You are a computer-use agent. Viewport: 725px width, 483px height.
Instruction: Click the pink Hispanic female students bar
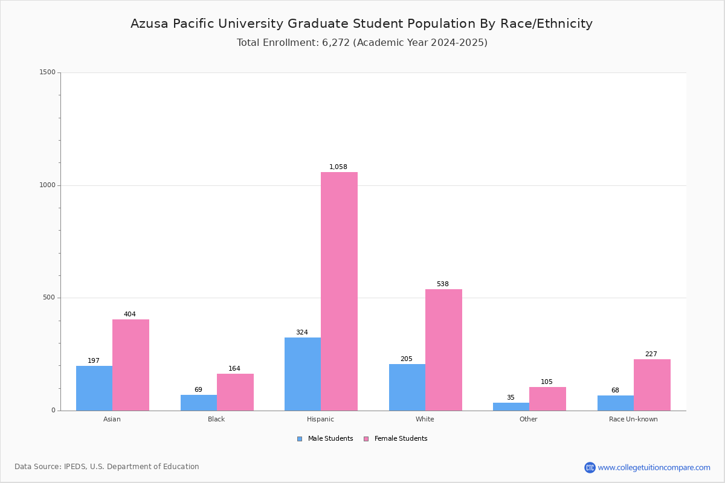click(339, 291)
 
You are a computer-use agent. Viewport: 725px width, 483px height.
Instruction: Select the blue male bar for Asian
click(94, 388)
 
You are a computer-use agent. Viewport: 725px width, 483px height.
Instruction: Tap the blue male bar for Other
click(511, 407)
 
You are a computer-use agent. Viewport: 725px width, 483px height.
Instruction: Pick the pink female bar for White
click(443, 350)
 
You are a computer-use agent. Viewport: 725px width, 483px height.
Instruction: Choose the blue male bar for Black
click(199, 403)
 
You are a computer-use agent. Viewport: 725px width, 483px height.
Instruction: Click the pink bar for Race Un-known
click(652, 385)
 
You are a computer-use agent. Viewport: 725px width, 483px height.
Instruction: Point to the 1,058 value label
click(338, 167)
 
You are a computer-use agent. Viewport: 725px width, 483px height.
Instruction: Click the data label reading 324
click(302, 332)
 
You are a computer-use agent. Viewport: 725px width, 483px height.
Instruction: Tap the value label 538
click(443, 284)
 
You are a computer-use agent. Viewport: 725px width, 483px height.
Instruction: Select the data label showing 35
click(511, 397)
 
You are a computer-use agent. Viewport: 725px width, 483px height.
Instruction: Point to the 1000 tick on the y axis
click(48, 185)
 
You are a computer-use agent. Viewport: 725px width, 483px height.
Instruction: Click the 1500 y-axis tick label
click(48, 72)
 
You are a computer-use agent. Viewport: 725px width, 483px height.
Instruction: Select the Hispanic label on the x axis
click(320, 419)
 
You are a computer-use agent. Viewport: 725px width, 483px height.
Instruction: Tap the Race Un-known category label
click(633, 419)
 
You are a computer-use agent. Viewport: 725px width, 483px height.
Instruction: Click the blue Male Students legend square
click(300, 439)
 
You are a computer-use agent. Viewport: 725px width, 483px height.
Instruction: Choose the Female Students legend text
click(401, 438)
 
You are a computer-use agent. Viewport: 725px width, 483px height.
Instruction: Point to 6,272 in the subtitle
click(336, 43)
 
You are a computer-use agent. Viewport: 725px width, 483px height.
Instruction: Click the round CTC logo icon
click(590, 467)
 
